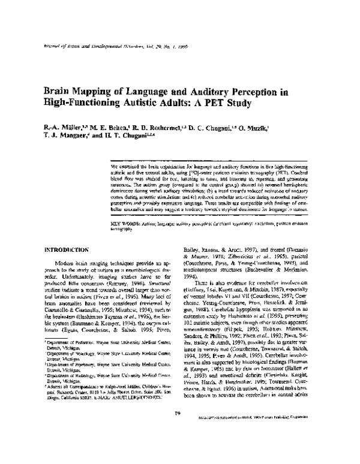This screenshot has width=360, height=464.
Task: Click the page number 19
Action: point(179,429)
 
